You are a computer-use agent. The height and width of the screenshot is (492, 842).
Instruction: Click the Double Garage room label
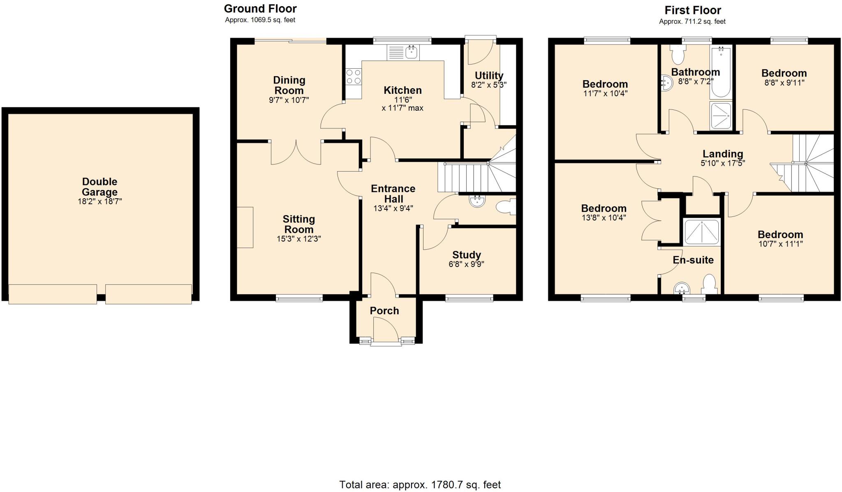(x=99, y=187)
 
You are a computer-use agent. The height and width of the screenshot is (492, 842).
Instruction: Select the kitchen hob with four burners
(x=353, y=77)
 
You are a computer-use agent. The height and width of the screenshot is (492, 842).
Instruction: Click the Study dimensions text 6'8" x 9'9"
(x=466, y=264)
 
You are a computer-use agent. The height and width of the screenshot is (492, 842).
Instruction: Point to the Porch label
(x=384, y=311)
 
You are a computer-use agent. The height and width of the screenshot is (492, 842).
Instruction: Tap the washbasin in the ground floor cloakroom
(x=477, y=201)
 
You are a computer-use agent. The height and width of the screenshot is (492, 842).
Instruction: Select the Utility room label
(x=489, y=76)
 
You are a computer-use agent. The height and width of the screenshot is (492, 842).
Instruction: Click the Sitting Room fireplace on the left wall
(x=245, y=227)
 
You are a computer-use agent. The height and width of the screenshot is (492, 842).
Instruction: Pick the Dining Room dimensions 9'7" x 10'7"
(x=289, y=100)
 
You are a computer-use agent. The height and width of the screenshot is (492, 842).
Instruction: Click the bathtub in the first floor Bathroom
(x=721, y=72)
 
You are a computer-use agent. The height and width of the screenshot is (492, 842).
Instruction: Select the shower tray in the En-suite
(x=701, y=232)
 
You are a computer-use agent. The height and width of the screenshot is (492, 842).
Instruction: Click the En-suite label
(x=693, y=260)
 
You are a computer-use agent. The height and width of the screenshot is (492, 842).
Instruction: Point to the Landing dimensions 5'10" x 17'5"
(x=722, y=163)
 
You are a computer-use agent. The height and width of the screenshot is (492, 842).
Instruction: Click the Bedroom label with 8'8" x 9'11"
(x=784, y=73)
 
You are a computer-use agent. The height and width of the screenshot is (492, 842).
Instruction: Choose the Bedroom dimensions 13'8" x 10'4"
(x=604, y=218)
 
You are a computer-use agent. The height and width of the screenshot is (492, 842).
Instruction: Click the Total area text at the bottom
(x=420, y=485)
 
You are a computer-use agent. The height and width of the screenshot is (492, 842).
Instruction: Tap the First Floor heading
(x=693, y=10)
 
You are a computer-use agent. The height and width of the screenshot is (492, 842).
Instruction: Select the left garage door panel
(x=53, y=294)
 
